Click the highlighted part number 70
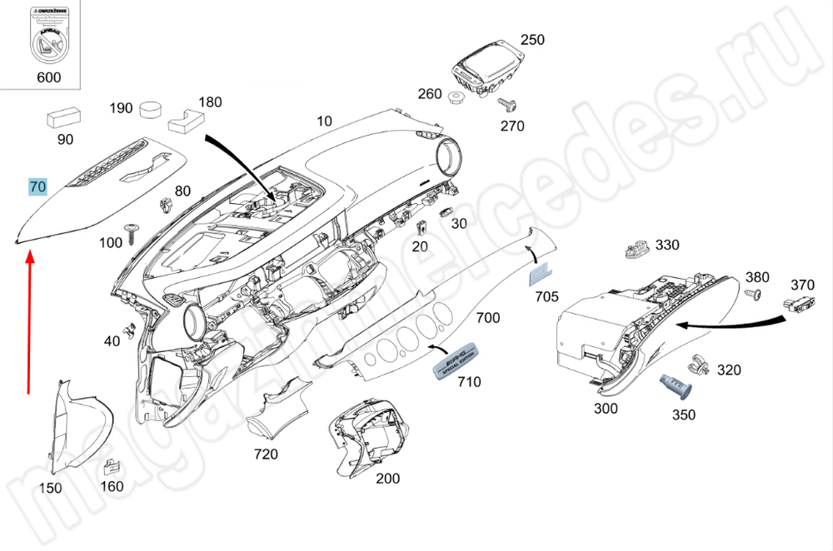click(x=37, y=186)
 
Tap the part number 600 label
click(x=49, y=77)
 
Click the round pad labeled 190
click(x=151, y=109)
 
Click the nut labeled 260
click(x=456, y=99)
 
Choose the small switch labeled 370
click(x=801, y=304)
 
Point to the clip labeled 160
click(x=109, y=469)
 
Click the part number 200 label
click(x=387, y=479)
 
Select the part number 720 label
click(x=266, y=454)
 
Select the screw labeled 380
click(x=752, y=295)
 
